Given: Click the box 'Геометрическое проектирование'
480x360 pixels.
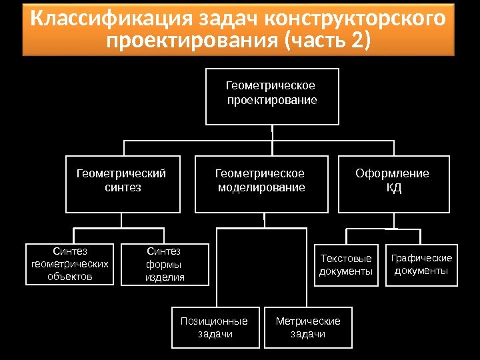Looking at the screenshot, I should coord(272,96).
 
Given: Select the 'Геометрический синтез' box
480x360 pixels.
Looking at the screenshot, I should coord(123,184).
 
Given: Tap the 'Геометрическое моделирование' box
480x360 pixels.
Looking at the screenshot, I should coord(261,184).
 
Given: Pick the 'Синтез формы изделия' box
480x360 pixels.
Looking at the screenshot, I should coord(164,264).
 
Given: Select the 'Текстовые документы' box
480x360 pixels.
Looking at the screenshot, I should coord(347,265).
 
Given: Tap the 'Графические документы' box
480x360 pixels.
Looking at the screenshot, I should coord(421,265).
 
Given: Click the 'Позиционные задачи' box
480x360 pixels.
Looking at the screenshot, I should coord(215,327).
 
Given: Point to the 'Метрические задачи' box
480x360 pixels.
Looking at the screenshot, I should coord(307,327).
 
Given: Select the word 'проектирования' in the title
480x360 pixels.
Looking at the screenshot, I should coord(193,41).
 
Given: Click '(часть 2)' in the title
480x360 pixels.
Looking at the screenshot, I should coord(327,41).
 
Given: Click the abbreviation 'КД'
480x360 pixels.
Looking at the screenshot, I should coord(394,187).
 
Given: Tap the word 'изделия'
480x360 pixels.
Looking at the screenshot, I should coord(165,277).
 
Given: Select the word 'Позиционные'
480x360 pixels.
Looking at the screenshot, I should coord(214,321).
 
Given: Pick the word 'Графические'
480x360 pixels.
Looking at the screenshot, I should coord(421,258).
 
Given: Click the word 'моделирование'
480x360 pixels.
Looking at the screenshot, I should coord(262,187).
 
